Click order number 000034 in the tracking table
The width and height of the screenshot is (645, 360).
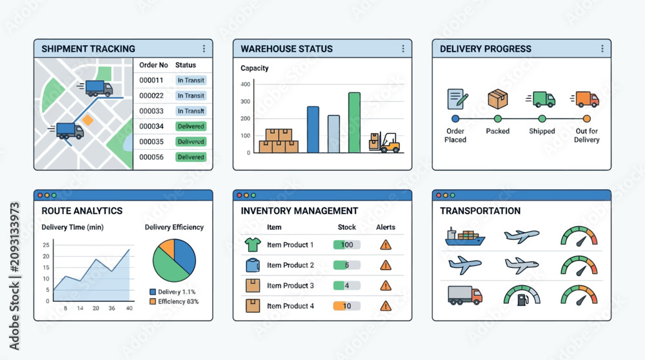[152, 126]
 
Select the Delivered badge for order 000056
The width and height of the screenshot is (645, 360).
[191, 157]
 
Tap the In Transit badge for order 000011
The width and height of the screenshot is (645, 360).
[191, 80]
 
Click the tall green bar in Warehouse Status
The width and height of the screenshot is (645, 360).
[354, 123]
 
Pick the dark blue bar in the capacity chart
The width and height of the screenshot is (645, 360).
[313, 130]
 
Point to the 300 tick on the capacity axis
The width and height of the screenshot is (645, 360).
[245, 101]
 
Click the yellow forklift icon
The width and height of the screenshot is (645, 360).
[384, 143]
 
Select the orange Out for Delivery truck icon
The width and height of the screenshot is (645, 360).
[586, 99]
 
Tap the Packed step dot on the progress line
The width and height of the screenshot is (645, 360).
[498, 119]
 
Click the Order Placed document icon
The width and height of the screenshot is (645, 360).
[457, 99]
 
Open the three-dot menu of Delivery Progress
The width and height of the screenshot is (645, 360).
[602, 48]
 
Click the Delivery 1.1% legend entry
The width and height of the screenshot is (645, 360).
[173, 292]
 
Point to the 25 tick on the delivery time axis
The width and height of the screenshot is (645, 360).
[46, 245]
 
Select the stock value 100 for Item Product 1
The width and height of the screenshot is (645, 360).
[347, 245]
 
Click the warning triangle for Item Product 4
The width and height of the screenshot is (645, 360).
[386, 306]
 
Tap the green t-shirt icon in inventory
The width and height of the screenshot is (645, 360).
[253, 245]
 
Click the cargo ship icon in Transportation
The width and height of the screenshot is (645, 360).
[465, 237]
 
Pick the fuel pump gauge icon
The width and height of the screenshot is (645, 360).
[522, 295]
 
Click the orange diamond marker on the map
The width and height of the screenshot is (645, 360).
[88, 120]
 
